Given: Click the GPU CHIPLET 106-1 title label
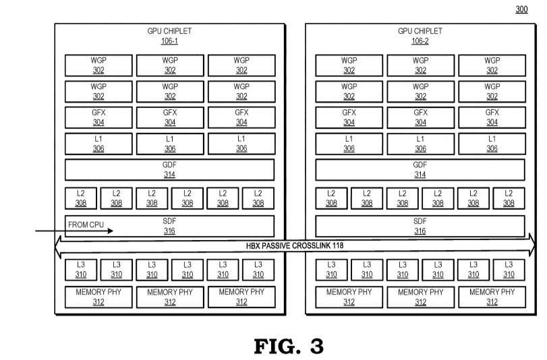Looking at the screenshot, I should [169, 36].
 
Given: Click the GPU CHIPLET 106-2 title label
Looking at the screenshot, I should [420, 36].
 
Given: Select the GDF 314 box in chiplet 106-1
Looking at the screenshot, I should [169, 169].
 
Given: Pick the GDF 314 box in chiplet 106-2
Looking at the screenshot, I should [420, 169].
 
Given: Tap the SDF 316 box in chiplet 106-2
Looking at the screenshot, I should [420, 225].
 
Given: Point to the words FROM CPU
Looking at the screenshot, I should [86, 224].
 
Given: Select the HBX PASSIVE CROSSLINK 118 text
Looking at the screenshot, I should [295, 246].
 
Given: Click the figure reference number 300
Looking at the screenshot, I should [521, 9].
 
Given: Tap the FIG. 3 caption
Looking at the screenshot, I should [288, 346].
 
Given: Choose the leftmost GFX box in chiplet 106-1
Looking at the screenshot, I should [98, 117].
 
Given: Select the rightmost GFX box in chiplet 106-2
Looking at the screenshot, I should [492, 117].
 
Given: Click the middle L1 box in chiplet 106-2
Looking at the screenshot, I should [420, 144].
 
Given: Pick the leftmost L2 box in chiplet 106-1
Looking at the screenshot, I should [81, 198].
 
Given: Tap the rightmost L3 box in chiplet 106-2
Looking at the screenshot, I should [509, 270].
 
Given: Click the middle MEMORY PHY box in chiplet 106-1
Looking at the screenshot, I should [170, 297].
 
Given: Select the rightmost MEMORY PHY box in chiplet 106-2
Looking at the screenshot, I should [492, 297].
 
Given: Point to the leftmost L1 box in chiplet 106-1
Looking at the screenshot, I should [98, 144].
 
